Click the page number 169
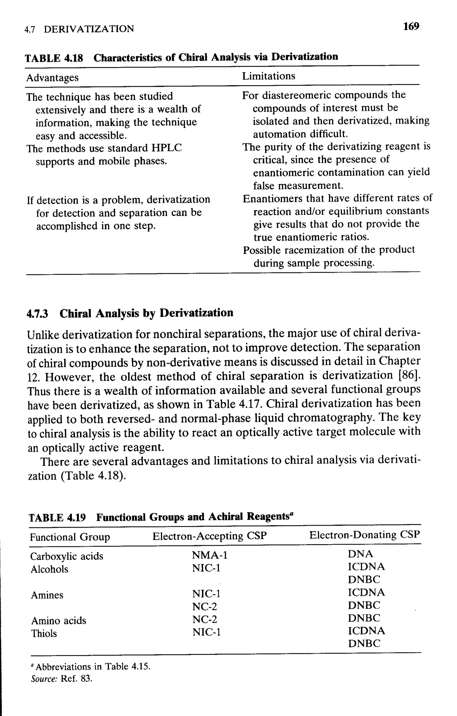[411, 27]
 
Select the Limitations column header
[268, 76]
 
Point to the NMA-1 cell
[210, 555]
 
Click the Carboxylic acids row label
[67, 556]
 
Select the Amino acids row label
[59, 620]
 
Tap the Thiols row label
[44, 633]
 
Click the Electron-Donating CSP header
[365, 535]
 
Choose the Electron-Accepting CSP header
[210, 536]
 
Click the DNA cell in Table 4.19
[360, 554]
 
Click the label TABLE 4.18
[54, 58]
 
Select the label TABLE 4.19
[57, 518]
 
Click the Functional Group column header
[70, 537]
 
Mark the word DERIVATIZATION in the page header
[89, 29]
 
